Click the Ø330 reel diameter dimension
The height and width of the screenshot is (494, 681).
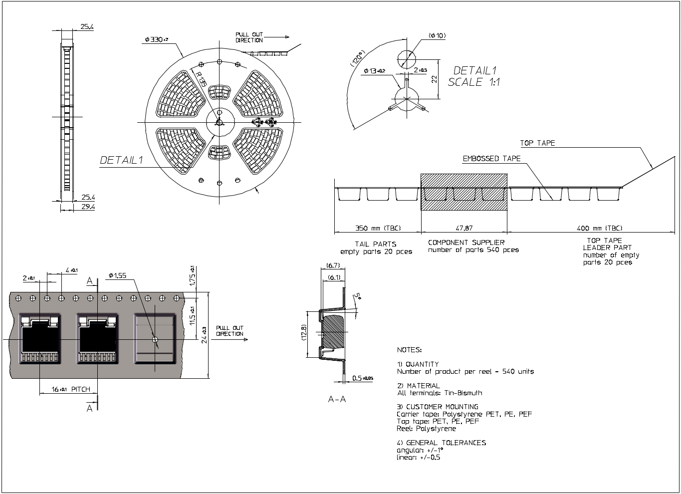157,39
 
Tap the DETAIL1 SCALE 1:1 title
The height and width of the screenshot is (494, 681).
474,76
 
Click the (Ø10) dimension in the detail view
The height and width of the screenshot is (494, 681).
437,35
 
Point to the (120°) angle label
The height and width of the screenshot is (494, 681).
358,58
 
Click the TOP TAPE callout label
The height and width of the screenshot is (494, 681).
537,143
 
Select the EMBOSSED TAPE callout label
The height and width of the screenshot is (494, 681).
491,159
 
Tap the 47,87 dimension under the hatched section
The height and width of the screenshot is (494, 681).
464,228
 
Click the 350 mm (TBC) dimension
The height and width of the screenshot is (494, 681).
378,228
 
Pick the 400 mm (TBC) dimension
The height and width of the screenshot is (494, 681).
600,228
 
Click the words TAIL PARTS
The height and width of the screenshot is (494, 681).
376,244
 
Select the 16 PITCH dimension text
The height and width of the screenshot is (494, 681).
71,389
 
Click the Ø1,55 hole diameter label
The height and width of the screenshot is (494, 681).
117,275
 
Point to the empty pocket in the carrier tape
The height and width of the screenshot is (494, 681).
155,339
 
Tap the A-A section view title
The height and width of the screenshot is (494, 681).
337,399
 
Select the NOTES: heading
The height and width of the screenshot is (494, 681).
409,350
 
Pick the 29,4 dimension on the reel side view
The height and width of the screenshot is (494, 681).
87,207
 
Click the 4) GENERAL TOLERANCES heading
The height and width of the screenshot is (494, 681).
441,443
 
